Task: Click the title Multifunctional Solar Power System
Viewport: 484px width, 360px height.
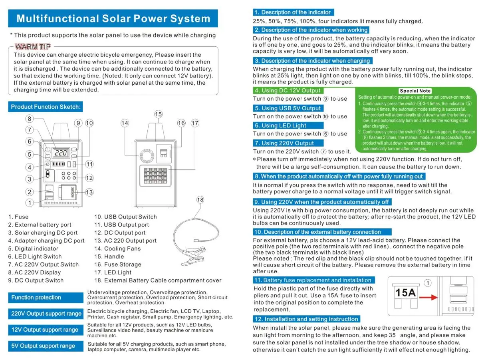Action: click(x=113, y=19)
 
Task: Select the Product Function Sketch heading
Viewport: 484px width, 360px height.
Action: click(x=46, y=107)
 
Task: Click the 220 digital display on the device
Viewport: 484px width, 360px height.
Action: click(x=61, y=153)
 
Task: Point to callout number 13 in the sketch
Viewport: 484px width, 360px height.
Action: click(x=89, y=193)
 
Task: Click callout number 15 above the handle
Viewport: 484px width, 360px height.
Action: click(x=159, y=114)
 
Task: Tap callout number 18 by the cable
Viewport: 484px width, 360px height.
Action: click(x=200, y=200)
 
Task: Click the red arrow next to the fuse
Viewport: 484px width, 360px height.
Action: click(x=428, y=298)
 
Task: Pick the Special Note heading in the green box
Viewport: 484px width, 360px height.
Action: click(x=415, y=91)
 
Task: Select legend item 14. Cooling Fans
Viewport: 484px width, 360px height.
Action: click(x=117, y=249)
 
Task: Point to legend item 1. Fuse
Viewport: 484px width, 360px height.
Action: click(x=18, y=217)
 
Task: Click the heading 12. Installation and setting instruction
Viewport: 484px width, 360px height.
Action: click(x=306, y=319)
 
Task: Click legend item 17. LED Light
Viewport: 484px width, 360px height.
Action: click(x=113, y=272)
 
